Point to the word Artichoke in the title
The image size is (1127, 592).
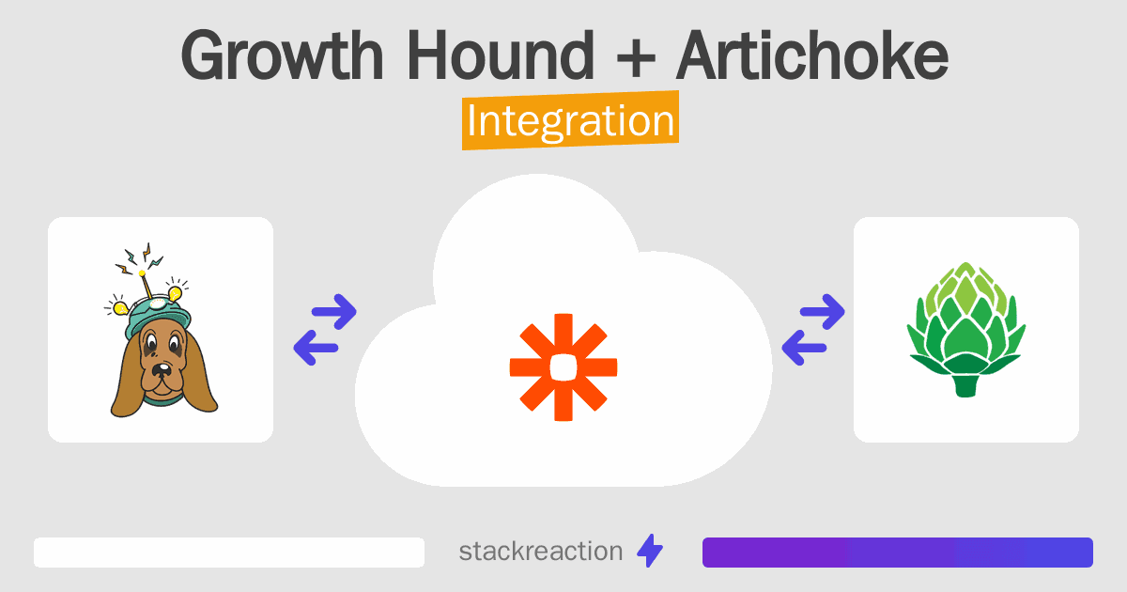[x=811, y=56]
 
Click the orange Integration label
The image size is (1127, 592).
[x=570, y=123]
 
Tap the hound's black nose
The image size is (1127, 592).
[x=163, y=367]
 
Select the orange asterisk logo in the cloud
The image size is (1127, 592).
[x=563, y=367]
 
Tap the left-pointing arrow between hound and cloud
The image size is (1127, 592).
[x=315, y=349]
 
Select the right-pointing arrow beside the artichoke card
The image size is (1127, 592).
[x=821, y=312]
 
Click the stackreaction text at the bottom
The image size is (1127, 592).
[x=540, y=552]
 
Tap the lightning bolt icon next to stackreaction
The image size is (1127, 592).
[x=650, y=552]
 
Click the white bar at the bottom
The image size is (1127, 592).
[x=229, y=553]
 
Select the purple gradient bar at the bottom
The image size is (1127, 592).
[x=897, y=553]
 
